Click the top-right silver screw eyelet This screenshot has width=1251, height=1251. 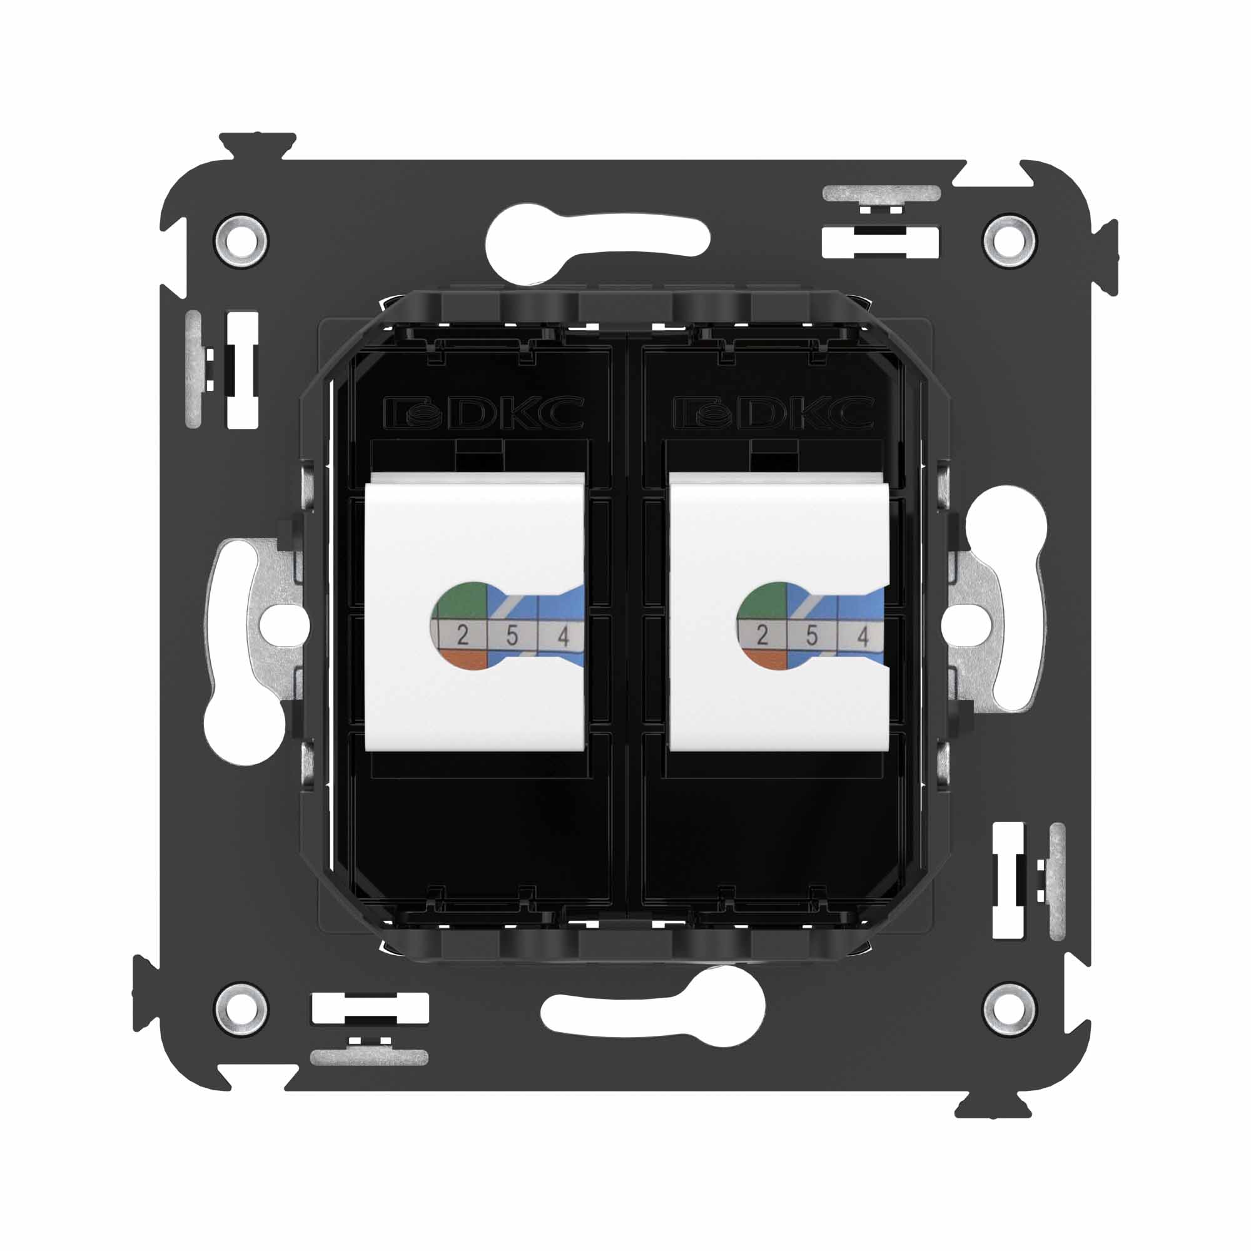tap(1008, 239)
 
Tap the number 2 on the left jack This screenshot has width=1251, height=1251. tap(462, 636)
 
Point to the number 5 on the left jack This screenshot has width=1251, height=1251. tap(512, 636)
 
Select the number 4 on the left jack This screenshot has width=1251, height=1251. tap(563, 637)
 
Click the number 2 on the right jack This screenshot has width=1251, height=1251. tap(762, 636)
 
